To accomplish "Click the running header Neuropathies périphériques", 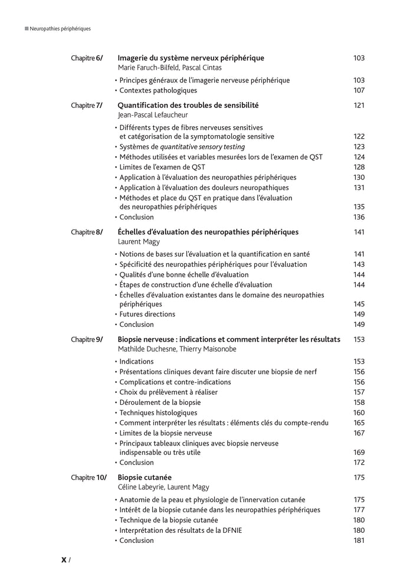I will (x=60, y=28).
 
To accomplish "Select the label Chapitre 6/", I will (x=87, y=58).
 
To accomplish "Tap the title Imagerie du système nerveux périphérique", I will (x=191, y=58).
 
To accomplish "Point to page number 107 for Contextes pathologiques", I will (x=359, y=91).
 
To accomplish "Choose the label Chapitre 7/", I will (x=87, y=106).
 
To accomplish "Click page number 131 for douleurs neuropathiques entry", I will (x=359, y=188).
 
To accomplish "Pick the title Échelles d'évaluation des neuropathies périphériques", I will (x=208, y=232).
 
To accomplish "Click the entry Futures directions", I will (x=147, y=315).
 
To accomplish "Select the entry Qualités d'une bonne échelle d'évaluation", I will (x=183, y=275).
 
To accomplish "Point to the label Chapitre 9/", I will (x=87, y=339).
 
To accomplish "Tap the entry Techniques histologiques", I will (x=158, y=413).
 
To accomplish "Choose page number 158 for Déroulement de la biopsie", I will (x=359, y=402).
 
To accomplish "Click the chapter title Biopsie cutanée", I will (x=145, y=477).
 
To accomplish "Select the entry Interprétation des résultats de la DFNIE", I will (x=181, y=530).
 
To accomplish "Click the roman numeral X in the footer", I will (x=64, y=561).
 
